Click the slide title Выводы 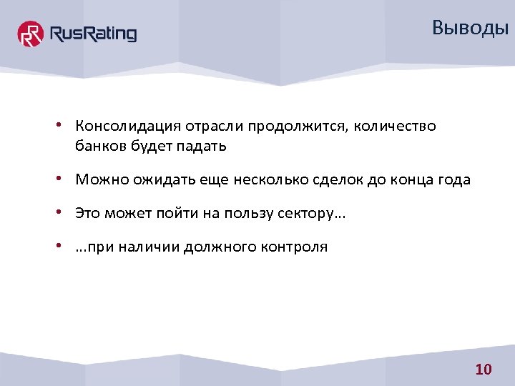point(470,29)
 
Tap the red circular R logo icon point(31,34)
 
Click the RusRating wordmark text point(92,34)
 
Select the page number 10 point(484,370)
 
